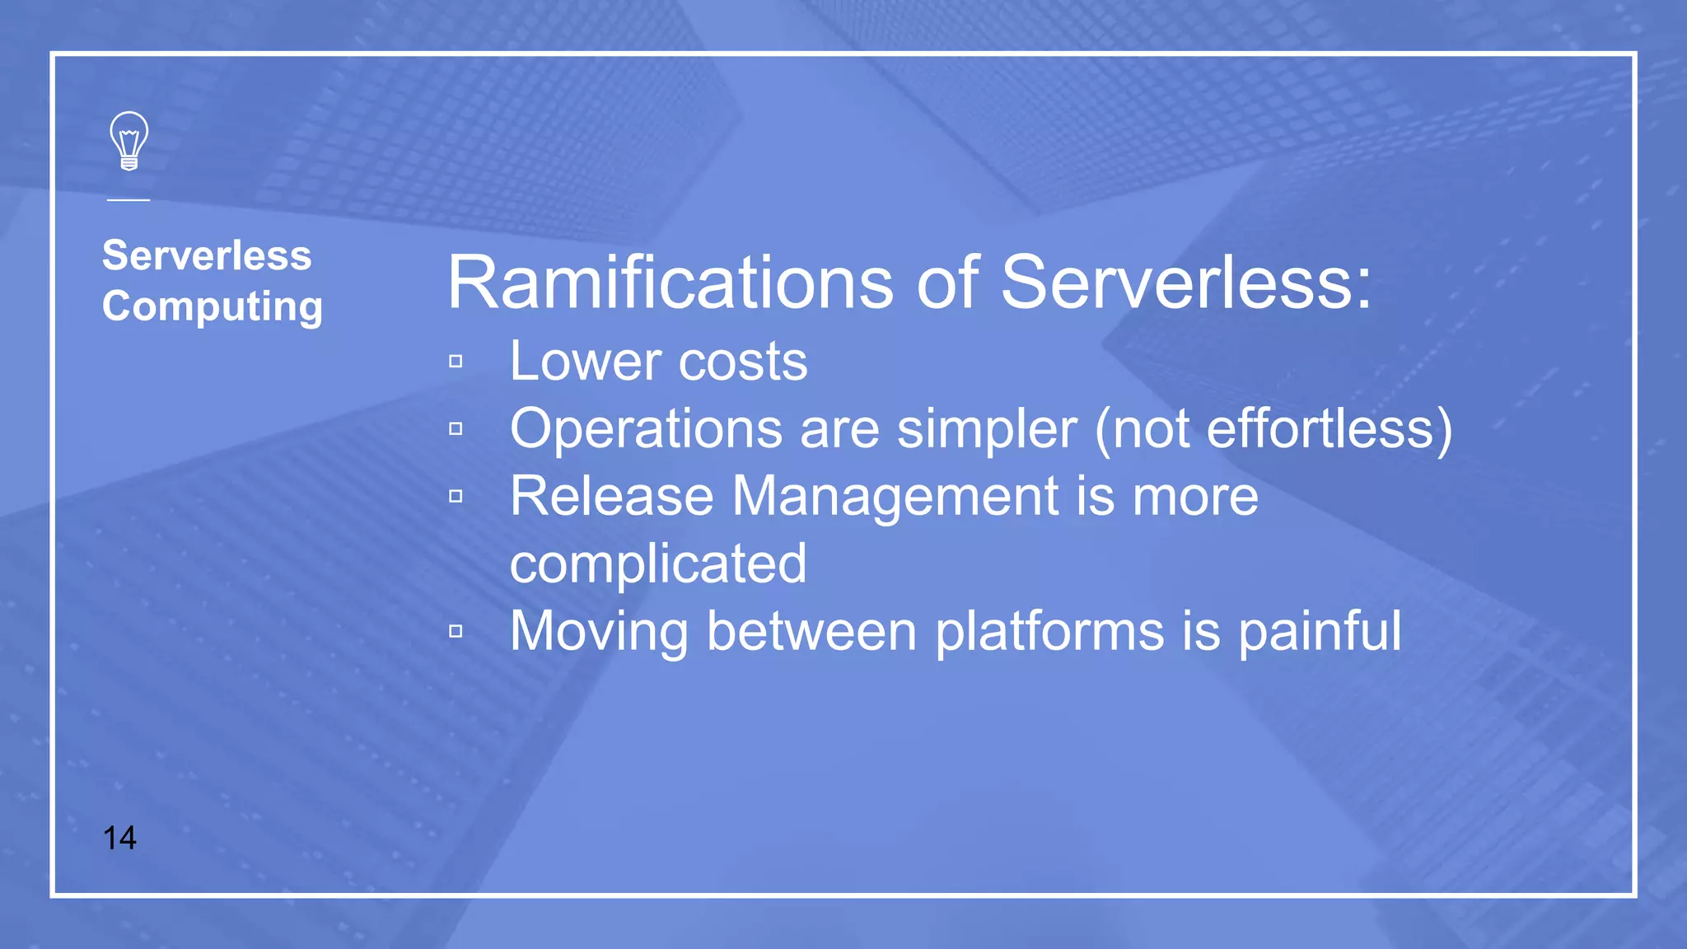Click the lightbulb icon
click(129, 141)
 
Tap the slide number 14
click(119, 838)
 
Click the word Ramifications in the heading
click(670, 283)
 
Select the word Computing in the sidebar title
click(213, 306)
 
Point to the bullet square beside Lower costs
click(456, 362)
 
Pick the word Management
click(895, 497)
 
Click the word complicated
click(658, 564)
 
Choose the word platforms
click(1049, 632)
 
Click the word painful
click(1320, 632)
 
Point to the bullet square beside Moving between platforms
click(456, 632)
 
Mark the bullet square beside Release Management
click(456, 497)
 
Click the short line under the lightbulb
click(129, 199)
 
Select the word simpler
click(986, 429)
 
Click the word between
click(811, 632)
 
